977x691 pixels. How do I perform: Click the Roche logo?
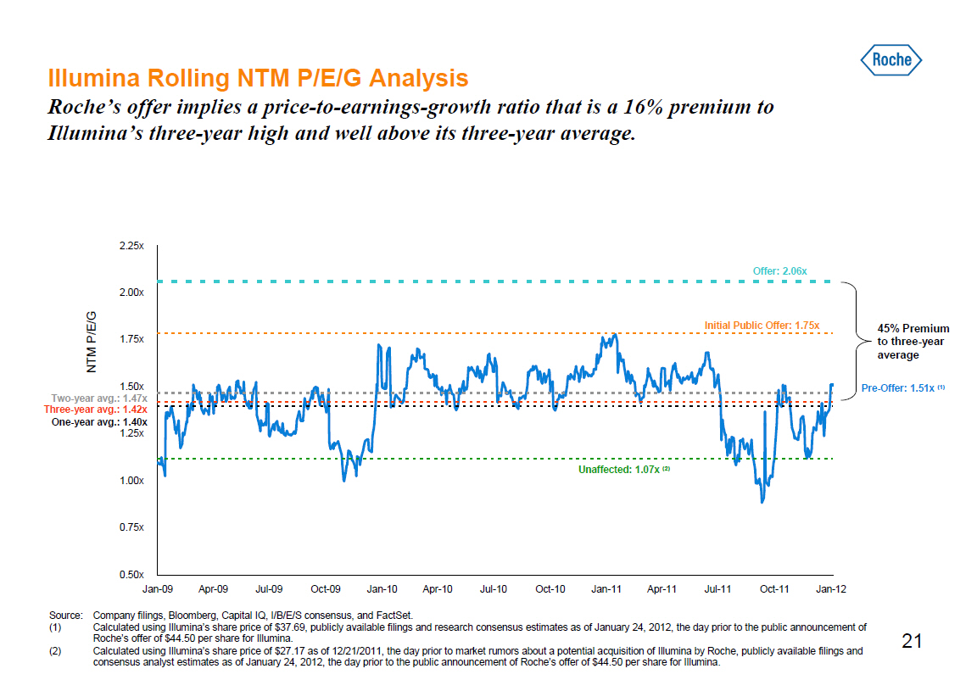coord(891,59)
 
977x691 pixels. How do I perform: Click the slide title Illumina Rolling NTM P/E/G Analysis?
coord(258,79)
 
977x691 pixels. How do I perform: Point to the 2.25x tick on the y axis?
coord(131,246)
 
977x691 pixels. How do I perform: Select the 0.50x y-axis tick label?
coord(131,575)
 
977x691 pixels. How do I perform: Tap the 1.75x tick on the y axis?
coord(131,339)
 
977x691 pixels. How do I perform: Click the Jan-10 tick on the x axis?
coord(382,588)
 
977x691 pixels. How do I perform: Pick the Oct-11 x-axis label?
coord(774,588)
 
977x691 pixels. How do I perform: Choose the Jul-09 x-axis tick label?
coord(269,588)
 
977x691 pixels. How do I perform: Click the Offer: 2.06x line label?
coord(779,270)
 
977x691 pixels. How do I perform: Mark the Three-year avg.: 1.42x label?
coord(96,410)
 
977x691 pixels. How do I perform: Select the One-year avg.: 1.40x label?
coord(99,421)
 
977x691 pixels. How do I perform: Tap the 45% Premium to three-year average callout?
coord(913,342)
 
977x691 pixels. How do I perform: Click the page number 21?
coord(912,641)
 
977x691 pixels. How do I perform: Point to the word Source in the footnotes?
coord(64,616)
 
